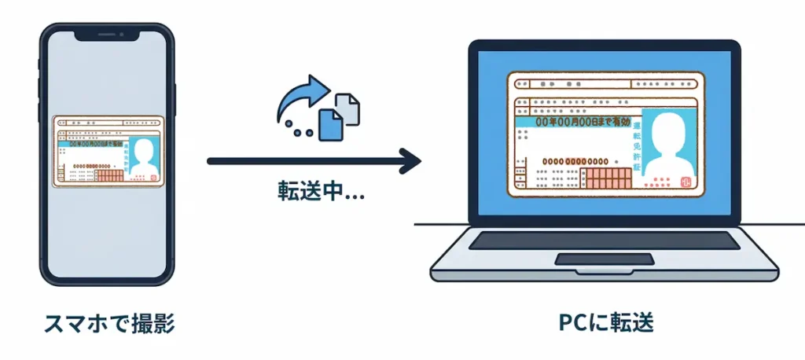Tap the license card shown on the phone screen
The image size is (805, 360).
click(108, 152)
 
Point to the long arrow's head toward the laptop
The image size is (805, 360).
click(410, 162)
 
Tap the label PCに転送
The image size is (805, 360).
click(605, 322)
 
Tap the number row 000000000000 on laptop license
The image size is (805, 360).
click(572, 161)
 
